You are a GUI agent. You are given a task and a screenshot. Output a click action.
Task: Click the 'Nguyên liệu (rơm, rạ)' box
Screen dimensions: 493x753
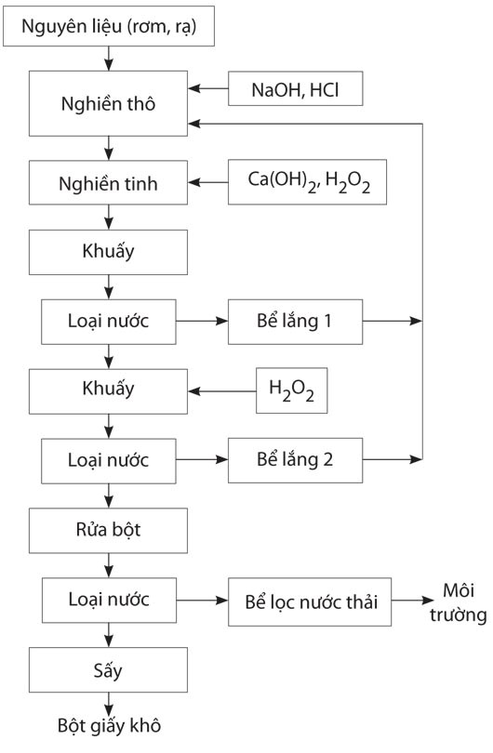(109, 26)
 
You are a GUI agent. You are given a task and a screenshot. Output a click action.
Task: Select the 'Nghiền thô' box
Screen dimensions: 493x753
(108, 103)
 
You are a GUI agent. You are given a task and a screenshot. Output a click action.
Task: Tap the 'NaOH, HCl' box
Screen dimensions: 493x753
(295, 89)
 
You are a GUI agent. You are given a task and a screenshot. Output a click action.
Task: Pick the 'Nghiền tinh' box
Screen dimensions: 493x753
(108, 182)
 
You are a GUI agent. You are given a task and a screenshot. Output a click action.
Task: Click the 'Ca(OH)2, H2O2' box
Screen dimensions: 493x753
(307, 182)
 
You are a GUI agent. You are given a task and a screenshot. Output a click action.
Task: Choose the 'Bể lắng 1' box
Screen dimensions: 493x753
(295, 322)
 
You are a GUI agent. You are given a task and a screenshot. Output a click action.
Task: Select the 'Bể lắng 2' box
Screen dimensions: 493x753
(295, 460)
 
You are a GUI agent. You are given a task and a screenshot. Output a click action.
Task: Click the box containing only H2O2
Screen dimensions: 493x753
(292, 390)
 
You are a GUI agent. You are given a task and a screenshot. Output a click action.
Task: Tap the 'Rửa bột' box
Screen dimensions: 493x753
(108, 531)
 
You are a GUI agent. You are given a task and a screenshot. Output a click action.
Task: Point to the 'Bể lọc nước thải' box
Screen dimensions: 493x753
(310, 601)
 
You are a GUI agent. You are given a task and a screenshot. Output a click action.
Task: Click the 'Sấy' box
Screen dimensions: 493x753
(108, 670)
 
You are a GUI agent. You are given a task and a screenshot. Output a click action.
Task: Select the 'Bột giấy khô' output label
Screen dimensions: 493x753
(109, 726)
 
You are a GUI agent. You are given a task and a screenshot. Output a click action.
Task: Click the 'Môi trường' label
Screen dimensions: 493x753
(459, 602)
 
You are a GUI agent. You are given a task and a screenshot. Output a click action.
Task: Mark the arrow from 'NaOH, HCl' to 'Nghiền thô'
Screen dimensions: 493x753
(208, 88)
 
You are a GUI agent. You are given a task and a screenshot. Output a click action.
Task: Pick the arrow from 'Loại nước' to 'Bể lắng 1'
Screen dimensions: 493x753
(202, 321)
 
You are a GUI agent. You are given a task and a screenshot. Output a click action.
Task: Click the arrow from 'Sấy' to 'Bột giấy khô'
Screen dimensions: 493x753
(109, 705)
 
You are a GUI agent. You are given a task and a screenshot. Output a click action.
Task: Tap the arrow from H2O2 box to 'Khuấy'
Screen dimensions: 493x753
(222, 391)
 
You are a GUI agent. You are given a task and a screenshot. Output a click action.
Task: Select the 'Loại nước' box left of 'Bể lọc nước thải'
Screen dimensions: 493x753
(109, 601)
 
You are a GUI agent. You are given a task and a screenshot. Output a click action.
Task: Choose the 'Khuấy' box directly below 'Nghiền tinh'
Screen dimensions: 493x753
(108, 252)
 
